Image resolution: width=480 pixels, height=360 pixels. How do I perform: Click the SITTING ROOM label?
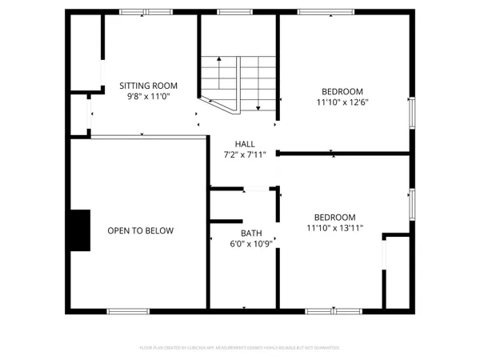148,86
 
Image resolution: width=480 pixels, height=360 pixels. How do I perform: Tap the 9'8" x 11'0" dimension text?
148,96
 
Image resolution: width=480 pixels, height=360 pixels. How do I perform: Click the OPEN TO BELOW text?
141,230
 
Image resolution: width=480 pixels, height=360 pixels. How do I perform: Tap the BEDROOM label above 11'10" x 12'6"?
342,91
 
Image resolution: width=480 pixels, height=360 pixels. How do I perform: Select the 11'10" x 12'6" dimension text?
342,102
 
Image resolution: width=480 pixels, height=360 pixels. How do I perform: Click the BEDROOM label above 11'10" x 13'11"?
334,217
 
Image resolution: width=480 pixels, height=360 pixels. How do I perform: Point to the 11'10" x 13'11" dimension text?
334,227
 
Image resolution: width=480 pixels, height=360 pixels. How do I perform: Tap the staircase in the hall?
238,84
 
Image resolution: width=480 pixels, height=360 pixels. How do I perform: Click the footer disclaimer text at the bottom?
240,348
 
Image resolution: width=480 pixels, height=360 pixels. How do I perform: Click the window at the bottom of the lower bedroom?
333,310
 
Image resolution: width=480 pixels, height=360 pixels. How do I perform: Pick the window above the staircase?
231,12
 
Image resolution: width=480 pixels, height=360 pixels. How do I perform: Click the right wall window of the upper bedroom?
412,112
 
